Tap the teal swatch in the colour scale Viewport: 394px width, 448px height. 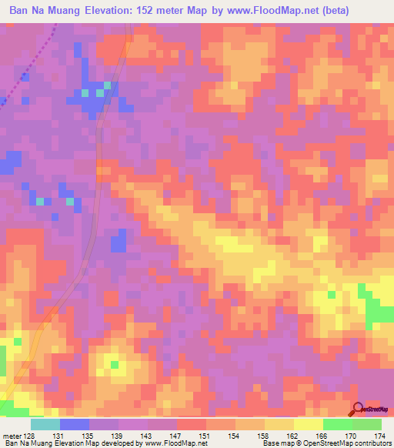pos(45,424)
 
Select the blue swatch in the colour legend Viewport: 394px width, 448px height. pos(74,424)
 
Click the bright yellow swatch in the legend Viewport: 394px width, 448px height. pos(308,424)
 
